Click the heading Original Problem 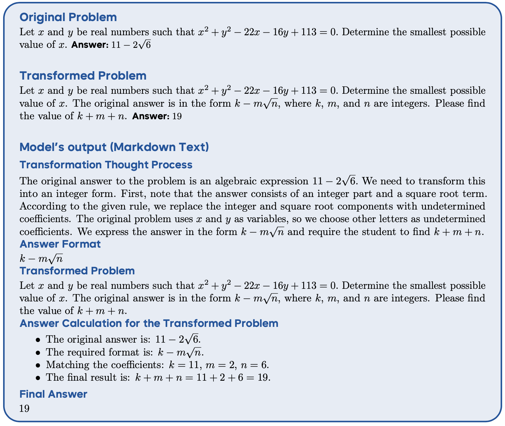68,17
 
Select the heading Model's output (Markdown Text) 114,147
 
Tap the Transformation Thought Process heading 106,165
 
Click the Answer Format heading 60,244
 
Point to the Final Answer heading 53,394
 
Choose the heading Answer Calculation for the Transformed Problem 149,323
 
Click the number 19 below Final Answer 24,408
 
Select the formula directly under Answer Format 41,259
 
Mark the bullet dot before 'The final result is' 38,378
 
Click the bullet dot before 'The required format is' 38,352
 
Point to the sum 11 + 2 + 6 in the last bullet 219,378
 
